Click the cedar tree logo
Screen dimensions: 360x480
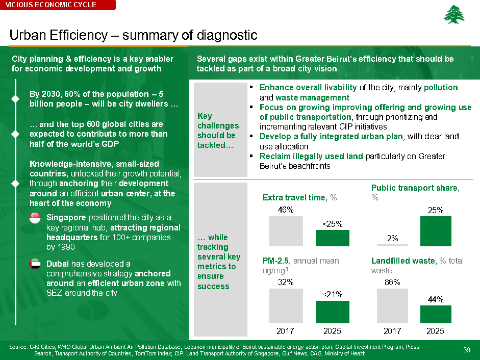(454, 15)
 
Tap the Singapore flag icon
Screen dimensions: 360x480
(35, 218)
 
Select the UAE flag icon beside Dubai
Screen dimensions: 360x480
(35, 265)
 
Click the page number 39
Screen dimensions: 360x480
(466, 349)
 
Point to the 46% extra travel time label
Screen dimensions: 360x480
(285, 210)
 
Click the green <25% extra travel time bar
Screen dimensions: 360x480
(332, 238)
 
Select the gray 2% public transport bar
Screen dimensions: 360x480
(392, 245)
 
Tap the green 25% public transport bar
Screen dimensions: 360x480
(435, 231)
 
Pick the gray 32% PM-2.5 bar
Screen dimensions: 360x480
(285, 306)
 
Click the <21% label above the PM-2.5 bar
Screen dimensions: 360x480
(332, 294)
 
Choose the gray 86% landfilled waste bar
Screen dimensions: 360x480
(392, 306)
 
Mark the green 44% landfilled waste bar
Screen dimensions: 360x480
(435, 314)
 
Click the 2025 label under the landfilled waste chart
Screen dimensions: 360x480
(435, 331)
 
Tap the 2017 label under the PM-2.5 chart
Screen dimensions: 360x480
(285, 331)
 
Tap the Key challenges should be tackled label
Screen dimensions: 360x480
(218, 131)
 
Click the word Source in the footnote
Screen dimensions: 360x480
(18, 347)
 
